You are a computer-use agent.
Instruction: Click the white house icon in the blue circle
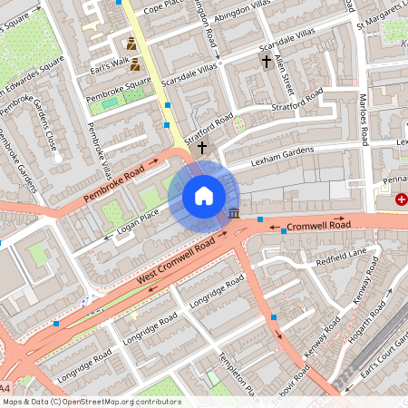click(x=204, y=195)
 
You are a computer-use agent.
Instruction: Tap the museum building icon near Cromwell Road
click(x=235, y=213)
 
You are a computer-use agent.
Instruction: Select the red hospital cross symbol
click(x=402, y=198)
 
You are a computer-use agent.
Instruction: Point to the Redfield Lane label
click(x=340, y=257)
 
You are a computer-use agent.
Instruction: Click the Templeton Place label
click(x=243, y=388)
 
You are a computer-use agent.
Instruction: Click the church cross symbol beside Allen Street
click(x=266, y=62)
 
